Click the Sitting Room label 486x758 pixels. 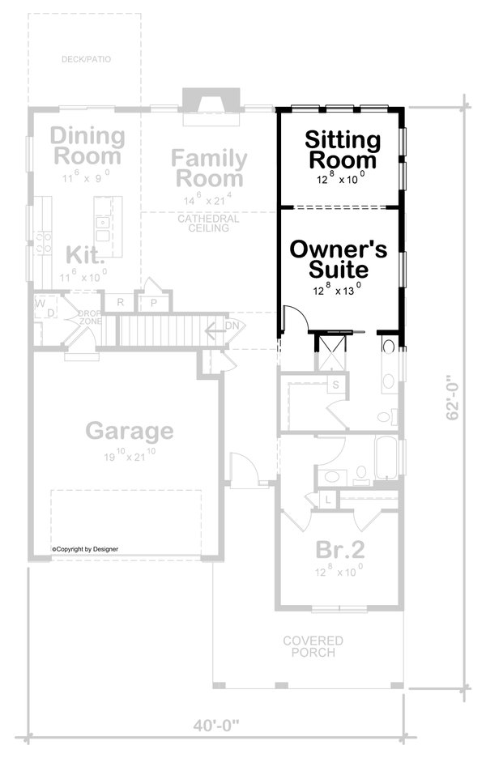tap(343, 150)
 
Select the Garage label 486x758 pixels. tap(130, 430)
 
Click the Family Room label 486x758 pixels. tap(208, 168)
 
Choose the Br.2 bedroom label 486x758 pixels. tap(339, 551)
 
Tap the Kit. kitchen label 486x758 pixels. tap(84, 257)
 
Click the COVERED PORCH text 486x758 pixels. tap(313, 646)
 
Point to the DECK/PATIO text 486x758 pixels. tap(85, 59)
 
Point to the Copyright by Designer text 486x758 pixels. tap(85, 548)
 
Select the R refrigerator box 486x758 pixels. tap(120, 303)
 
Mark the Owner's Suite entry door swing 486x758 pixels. tap(292, 318)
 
